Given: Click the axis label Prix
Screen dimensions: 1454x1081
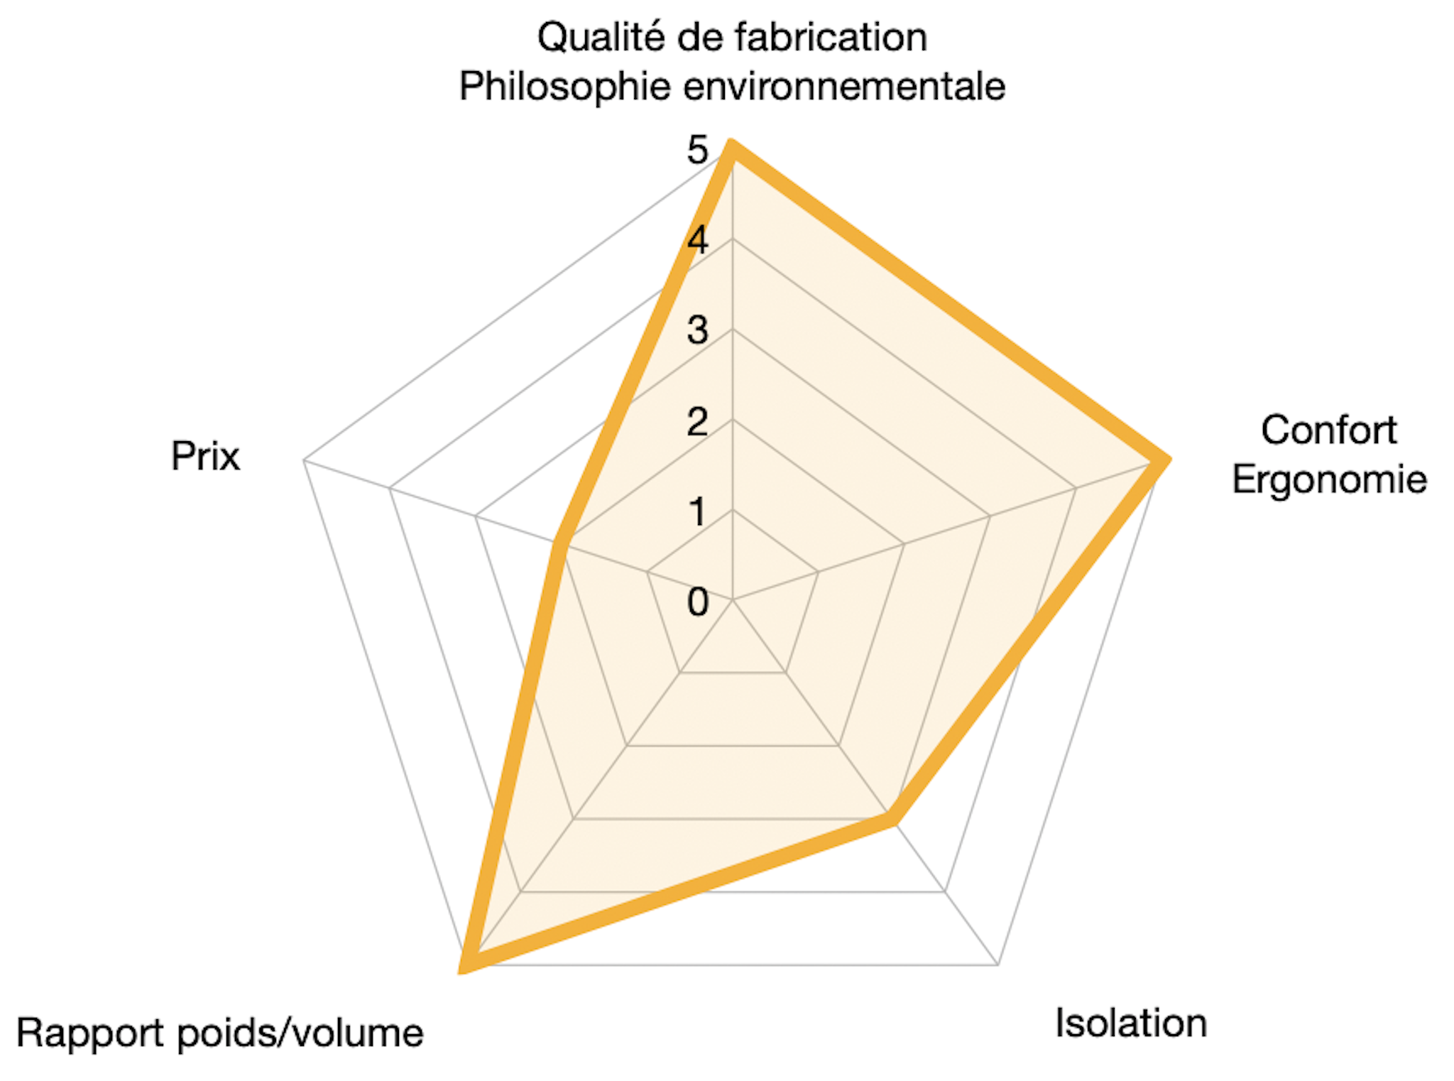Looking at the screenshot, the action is tap(205, 456).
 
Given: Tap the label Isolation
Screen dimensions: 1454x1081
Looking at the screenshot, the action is tap(1131, 1023).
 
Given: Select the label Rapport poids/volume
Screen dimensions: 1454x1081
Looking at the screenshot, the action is tap(220, 1033).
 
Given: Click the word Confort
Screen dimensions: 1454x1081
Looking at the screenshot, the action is tap(1329, 430).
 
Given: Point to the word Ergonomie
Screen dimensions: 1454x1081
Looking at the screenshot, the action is tap(1330, 480).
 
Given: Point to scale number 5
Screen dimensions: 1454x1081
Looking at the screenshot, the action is tap(697, 150).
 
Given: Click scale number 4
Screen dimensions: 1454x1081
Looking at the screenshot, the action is tap(697, 240).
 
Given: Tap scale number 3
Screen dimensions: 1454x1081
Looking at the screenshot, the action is tap(697, 330).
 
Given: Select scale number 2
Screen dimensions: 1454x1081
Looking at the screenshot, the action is tap(697, 421).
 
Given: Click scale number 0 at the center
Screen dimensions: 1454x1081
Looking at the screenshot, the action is tap(697, 602).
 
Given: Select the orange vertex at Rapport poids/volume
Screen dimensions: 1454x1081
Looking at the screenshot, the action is tap(466, 965).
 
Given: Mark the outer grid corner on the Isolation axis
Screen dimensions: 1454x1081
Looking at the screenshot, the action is tap(997, 965).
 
